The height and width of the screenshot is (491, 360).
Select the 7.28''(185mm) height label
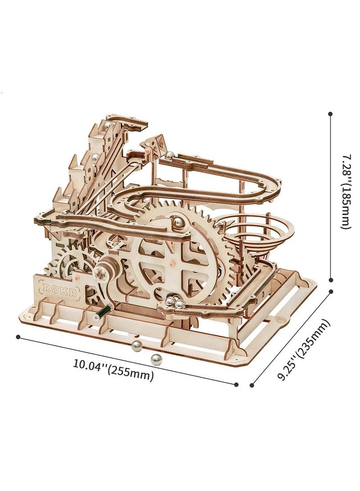(x=343, y=191)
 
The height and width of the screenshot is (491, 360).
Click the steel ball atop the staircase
(x=109, y=126)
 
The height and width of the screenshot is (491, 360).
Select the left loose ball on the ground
(x=137, y=345)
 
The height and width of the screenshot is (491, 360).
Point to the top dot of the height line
(x=331, y=114)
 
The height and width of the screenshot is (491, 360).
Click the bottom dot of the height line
(x=331, y=279)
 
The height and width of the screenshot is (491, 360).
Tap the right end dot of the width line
(x=236, y=384)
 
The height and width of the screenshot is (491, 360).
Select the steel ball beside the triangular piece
(x=170, y=155)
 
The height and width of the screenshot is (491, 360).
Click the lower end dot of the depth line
(x=252, y=385)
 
